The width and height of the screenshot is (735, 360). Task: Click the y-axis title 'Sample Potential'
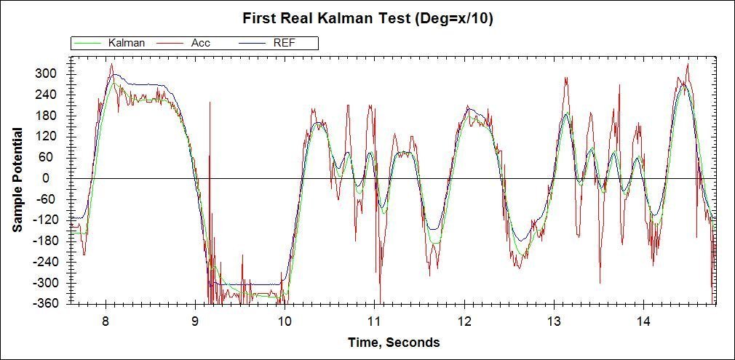[17, 180]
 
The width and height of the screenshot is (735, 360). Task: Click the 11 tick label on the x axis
[374, 321]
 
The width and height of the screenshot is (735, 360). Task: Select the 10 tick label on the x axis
[285, 321]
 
